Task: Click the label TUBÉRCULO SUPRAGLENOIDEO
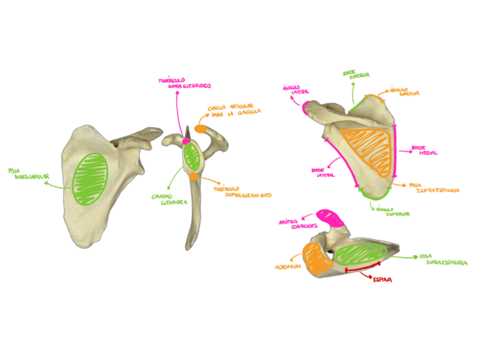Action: point(185,83)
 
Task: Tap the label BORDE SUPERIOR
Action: point(356,75)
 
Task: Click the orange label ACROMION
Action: point(288,267)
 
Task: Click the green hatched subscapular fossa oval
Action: point(90,179)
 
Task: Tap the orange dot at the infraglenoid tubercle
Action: point(194,177)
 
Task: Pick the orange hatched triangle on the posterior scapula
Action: point(368,150)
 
